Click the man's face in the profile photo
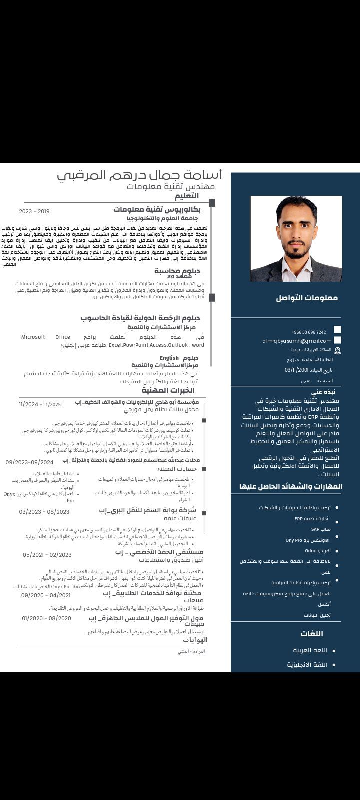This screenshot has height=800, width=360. (x=296, y=231)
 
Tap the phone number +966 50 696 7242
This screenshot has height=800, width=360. (x=308, y=332)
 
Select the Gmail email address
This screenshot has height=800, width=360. (x=297, y=341)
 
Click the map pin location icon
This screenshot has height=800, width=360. (x=338, y=351)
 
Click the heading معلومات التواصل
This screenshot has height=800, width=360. (x=307, y=298)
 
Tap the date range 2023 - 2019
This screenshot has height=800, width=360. (x=34, y=211)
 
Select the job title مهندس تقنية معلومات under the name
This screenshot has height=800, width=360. (x=171, y=186)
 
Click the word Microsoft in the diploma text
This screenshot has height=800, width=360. (x=33, y=337)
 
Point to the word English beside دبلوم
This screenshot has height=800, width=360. (x=169, y=358)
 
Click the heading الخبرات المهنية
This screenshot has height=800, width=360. (x=168, y=390)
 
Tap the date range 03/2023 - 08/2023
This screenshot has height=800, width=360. (x=44, y=512)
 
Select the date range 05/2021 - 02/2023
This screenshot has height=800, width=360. (x=47, y=555)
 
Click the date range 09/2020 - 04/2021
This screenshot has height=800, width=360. (x=46, y=595)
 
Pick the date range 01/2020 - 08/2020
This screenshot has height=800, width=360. (x=46, y=618)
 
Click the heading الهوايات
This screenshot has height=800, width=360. (x=194, y=640)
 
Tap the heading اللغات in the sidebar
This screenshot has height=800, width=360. (x=312, y=634)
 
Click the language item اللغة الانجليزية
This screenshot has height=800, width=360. (x=307, y=665)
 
